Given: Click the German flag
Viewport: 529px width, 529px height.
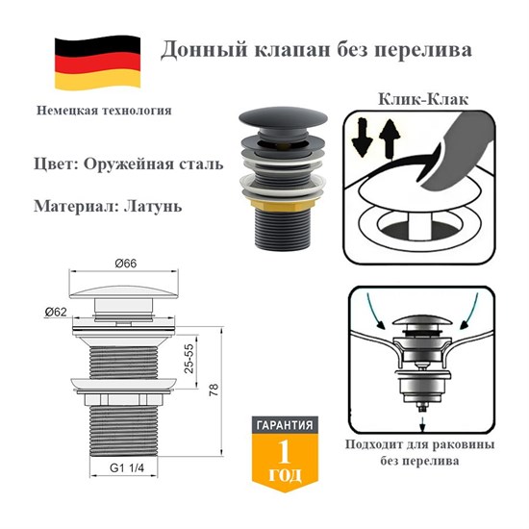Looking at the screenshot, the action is (97, 63).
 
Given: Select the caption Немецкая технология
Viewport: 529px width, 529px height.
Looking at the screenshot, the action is (104, 111).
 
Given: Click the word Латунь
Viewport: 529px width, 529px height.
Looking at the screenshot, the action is (153, 206).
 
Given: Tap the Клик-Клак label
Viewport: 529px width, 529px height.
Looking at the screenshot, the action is (423, 99).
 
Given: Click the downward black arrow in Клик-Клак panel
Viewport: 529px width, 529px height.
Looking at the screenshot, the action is (362, 138).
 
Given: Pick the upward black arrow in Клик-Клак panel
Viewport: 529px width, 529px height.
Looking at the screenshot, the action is (390, 139).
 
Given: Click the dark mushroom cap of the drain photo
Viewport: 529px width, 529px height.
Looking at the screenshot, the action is (283, 118).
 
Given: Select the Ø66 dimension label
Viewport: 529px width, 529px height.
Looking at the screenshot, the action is (126, 264).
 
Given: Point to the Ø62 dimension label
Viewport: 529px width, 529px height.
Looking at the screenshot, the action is (56, 313).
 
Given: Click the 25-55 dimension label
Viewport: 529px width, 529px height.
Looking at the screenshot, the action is (189, 358).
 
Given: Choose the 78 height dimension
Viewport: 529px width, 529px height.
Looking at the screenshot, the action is (214, 390).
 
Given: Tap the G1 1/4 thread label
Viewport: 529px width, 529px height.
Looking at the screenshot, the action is (127, 468).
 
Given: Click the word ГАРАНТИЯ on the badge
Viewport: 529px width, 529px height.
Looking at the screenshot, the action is (285, 425).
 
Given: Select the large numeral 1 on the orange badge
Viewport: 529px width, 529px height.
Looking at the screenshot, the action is (284, 452).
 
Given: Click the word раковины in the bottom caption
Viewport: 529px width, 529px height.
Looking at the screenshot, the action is (464, 444).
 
